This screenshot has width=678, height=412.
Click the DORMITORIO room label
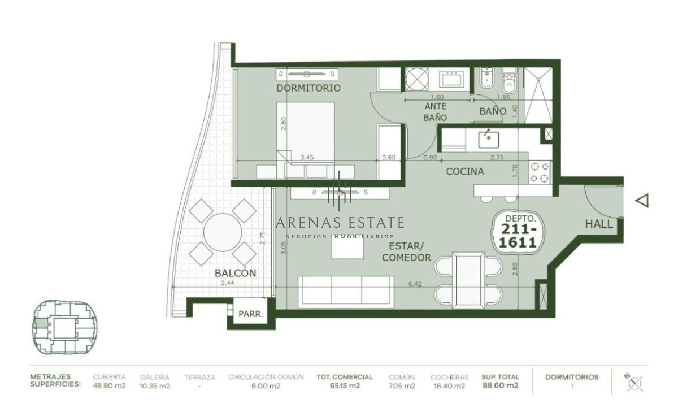(308, 88)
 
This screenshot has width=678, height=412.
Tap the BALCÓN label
(235, 273)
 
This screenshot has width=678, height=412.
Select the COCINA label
(464, 171)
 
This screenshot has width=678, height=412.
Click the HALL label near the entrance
(599, 224)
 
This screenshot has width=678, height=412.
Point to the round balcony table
(223, 232)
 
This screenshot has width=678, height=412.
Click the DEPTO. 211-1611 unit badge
(515, 232)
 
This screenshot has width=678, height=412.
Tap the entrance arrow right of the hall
(642, 200)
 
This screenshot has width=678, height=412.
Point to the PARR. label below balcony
(251, 315)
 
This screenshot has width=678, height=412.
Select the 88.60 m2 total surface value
(500, 386)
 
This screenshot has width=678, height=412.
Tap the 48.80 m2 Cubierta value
(109, 386)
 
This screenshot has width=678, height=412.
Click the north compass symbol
(636, 384)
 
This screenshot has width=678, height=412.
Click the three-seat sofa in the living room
(346, 292)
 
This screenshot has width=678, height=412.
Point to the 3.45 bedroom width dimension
(307, 158)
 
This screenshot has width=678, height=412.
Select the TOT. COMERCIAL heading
(344, 377)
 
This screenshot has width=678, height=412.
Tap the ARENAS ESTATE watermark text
(340, 222)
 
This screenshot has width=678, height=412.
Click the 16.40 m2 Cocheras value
(449, 386)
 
